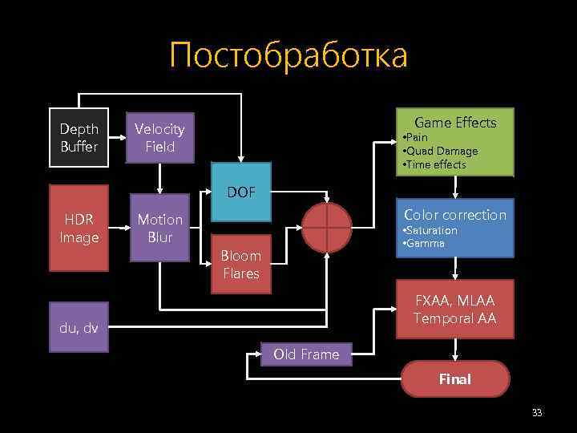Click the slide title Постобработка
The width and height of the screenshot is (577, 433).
(x=288, y=55)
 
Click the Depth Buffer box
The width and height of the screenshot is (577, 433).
(x=79, y=138)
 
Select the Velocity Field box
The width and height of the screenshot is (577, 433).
(x=159, y=138)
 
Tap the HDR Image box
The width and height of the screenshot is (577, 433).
(x=79, y=228)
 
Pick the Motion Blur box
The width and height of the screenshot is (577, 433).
(x=159, y=228)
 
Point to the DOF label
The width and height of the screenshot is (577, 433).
(x=240, y=192)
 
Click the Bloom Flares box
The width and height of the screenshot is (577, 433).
(x=240, y=265)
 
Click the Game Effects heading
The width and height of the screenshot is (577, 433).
(x=455, y=123)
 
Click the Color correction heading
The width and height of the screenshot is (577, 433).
(x=455, y=215)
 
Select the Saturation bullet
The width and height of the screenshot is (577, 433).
(x=430, y=230)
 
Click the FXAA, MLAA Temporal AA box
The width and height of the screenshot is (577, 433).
(x=455, y=310)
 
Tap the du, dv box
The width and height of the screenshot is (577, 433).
(x=79, y=327)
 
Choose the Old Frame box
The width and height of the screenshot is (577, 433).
(x=306, y=354)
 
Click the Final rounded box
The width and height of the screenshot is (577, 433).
(x=455, y=379)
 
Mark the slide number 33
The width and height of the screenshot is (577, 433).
(x=537, y=413)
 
